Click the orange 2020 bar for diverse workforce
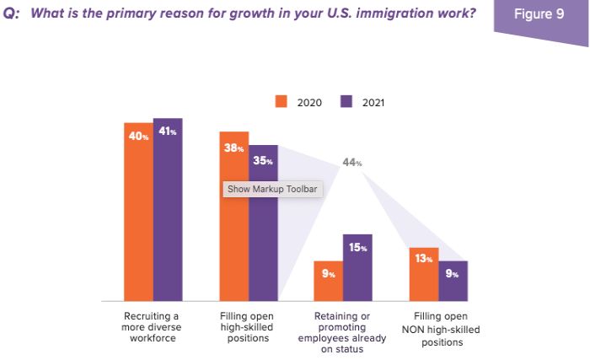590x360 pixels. pyautogui.click(x=138, y=211)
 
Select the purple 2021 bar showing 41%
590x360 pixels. pyautogui.click(x=168, y=211)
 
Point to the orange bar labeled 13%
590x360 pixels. pyautogui.click(x=424, y=275)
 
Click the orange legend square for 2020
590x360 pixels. pyautogui.click(x=282, y=101)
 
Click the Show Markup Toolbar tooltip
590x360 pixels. pyautogui.click(x=271, y=189)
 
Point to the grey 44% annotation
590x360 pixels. pyautogui.click(x=351, y=162)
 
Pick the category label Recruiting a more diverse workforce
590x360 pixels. pyautogui.click(x=153, y=326)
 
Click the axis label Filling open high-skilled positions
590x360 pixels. pyautogui.click(x=249, y=326)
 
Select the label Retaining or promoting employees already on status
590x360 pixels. pyautogui.click(x=343, y=332)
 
